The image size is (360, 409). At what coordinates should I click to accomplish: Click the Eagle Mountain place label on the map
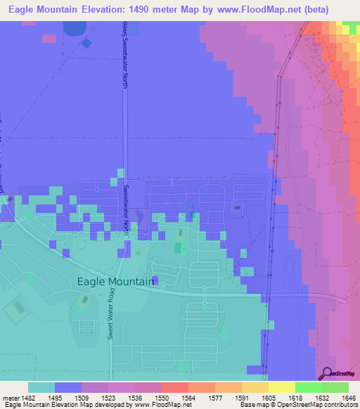[x=114, y=282]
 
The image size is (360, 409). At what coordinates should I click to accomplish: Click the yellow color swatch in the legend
[x=281, y=387]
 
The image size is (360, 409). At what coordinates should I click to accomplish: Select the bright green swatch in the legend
[x=308, y=387]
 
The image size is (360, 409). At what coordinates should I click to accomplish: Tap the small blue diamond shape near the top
[x=86, y=43]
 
